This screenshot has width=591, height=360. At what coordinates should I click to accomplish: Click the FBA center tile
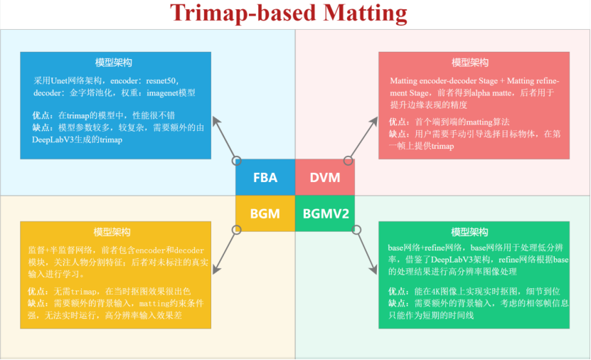point(265,177)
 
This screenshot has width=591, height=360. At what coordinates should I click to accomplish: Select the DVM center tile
point(325,177)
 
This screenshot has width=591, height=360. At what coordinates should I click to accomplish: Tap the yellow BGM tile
point(265,213)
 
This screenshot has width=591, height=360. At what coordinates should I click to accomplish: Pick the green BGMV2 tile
point(325,213)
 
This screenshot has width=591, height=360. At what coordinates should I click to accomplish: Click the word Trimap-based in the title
point(243,14)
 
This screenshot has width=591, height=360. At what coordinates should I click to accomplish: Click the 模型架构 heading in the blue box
point(114,63)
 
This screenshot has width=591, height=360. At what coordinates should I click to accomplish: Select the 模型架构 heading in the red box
point(470,63)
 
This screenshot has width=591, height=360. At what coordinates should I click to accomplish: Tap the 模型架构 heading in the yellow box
point(112,232)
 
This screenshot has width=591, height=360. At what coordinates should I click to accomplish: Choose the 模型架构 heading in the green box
point(469,232)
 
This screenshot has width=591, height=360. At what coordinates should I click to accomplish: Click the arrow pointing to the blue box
point(224,137)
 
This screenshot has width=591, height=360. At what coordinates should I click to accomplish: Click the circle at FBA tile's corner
point(236,161)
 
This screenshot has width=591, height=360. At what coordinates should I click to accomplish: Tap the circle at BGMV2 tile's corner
point(356,230)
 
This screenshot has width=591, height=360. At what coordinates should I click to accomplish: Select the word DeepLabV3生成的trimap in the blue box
point(78,140)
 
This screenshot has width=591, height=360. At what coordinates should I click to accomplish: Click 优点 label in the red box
point(398,122)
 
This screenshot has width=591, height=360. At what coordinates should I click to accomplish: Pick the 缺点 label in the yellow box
point(36,304)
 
